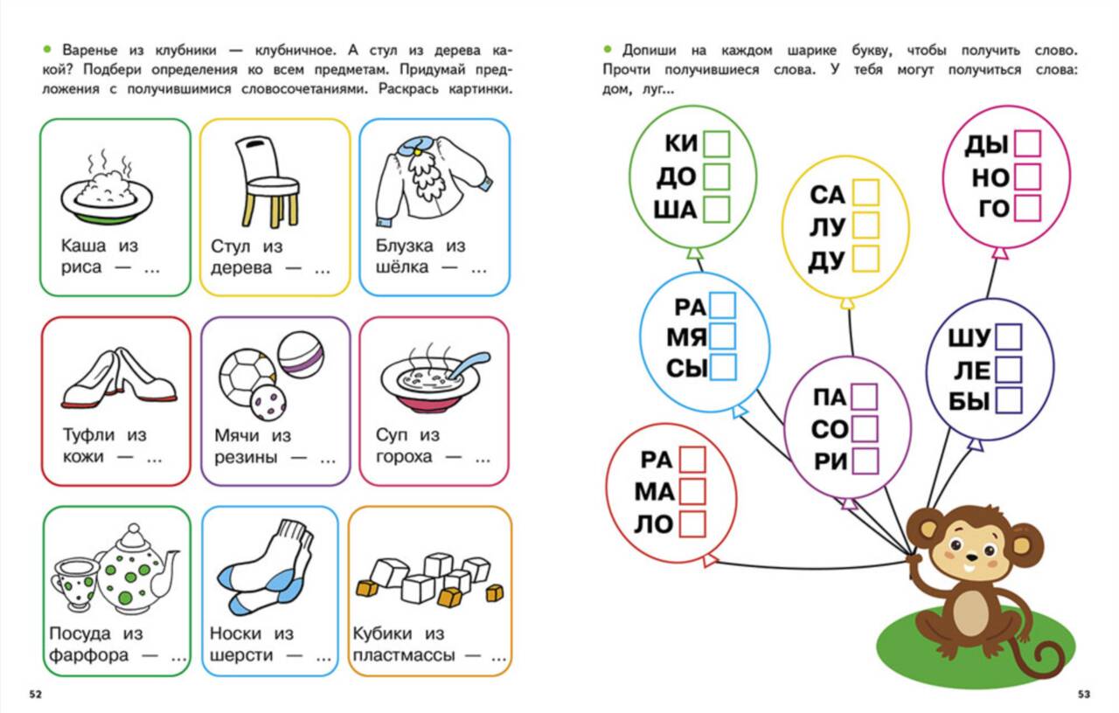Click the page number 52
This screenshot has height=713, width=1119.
[35, 695]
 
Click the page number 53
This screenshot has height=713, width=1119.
[1083, 695]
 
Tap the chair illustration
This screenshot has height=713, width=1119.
[268, 183]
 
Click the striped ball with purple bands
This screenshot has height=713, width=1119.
[301, 355]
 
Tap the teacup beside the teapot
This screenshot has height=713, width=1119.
[75, 585]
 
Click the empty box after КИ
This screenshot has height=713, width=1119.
[717, 144]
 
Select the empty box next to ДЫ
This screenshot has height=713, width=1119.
[1028, 144]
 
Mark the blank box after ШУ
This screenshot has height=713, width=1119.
[1009, 337]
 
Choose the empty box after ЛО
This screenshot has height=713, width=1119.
[692, 523]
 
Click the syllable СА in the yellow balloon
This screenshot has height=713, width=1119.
[827, 195]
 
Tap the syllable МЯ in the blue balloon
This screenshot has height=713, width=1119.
[686, 338]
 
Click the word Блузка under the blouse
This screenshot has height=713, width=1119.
[404, 246]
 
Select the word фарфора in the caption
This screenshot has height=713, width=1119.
[88, 655]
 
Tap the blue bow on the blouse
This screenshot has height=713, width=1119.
[415, 146]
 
